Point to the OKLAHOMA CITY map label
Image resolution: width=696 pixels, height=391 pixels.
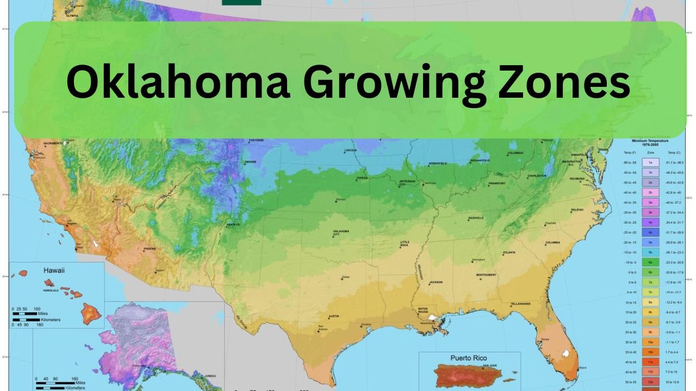(x=341, y=233)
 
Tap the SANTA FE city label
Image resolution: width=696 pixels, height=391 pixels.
(x=233, y=224)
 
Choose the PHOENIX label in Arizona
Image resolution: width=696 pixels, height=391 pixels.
(x=150, y=249)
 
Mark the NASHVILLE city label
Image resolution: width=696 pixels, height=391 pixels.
(x=476, y=218)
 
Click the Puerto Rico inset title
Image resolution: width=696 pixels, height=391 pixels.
(x=469, y=358)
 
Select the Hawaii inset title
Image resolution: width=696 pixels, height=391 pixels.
(x=54, y=270)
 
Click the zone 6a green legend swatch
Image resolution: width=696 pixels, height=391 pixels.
(x=650, y=262)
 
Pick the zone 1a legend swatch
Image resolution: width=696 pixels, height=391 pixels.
(x=650, y=162)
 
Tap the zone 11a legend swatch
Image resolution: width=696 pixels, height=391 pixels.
(x=650, y=362)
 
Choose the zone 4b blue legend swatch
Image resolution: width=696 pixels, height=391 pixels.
(x=650, y=232)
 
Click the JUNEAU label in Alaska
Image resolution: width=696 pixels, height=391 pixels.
(x=212, y=376)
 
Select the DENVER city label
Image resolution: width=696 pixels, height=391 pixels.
(x=250, y=162)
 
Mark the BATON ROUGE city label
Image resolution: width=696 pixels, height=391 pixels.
(x=423, y=311)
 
